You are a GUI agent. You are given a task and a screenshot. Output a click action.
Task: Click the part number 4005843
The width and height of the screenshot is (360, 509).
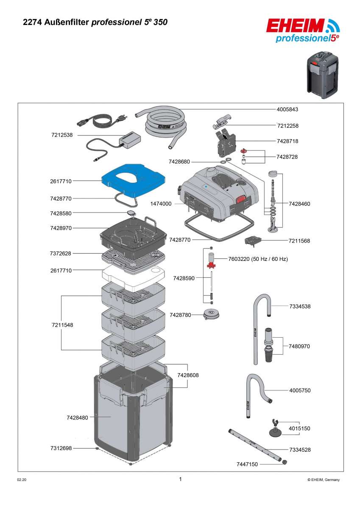[287, 109]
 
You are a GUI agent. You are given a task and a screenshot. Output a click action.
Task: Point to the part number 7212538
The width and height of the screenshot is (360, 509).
[62, 135]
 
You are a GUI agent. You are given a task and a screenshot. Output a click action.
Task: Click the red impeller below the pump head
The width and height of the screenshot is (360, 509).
[211, 266]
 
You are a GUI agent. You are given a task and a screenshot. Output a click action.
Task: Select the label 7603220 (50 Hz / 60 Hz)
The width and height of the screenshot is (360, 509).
[258, 259]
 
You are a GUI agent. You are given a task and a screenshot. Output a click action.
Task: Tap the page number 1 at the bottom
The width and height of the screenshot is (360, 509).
[180, 479]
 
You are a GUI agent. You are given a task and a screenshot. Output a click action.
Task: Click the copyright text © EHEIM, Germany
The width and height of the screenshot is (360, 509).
[323, 480]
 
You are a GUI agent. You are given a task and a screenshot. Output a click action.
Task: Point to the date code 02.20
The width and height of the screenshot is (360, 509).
[21, 480]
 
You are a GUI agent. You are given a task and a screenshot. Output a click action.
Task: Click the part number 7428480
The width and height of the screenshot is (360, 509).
[77, 418]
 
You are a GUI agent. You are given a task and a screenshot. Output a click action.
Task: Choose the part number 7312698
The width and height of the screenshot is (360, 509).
[61, 448]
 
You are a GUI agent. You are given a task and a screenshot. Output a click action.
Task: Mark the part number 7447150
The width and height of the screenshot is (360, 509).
[247, 464]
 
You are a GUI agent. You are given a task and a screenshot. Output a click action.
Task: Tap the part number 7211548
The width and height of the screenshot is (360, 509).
[62, 325]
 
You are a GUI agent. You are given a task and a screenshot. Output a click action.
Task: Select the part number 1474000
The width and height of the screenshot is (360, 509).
[161, 204]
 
